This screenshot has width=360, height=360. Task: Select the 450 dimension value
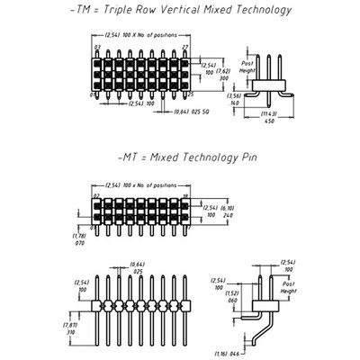(269, 121)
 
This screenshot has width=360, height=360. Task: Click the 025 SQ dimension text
(201, 113)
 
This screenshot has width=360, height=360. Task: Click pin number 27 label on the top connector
(185, 46)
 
